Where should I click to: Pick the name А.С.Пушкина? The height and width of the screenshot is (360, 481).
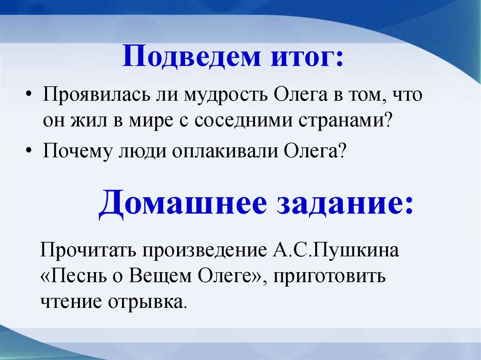pos(337,250)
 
